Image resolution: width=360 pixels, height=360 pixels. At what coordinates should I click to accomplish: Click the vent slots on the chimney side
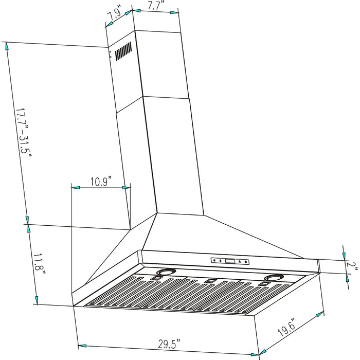(x=123, y=51)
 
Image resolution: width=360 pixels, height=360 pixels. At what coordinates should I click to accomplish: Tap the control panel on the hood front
(x=230, y=261)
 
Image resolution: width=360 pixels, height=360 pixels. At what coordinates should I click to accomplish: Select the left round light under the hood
(x=167, y=273)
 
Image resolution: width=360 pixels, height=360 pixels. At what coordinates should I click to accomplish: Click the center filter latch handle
(x=209, y=280)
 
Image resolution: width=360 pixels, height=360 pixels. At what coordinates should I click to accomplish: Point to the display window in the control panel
(x=231, y=261)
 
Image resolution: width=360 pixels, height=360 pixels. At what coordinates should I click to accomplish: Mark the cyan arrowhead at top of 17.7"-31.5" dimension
(x=7, y=45)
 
